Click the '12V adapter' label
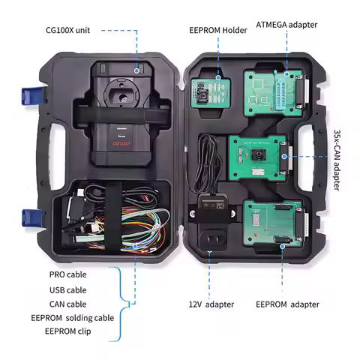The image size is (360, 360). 211,304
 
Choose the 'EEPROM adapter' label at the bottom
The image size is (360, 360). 287,304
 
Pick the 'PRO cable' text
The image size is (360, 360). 67,274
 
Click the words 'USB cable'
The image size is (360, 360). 67,289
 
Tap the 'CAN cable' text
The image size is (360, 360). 67,304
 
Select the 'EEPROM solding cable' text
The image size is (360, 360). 79,318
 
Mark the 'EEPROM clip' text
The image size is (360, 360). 68,331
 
